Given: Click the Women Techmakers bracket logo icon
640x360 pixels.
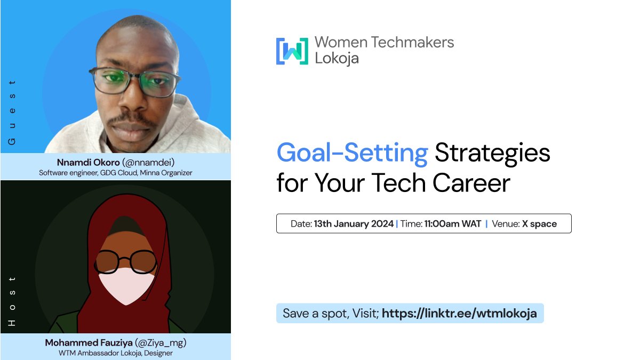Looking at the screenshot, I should (x=292, y=51).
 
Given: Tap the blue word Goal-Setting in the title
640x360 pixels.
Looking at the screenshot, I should (x=352, y=154).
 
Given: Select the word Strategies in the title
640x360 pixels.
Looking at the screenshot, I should (x=492, y=154).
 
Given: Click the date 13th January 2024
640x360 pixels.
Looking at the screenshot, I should (x=354, y=224).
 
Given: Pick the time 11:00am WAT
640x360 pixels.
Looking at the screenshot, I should (x=453, y=224).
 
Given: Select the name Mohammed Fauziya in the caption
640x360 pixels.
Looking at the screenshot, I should (x=88, y=342).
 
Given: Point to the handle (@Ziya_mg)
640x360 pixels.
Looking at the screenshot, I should (x=160, y=342).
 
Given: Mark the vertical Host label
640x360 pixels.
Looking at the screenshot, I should (x=12, y=301).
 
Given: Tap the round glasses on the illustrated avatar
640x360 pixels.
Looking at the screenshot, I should (x=127, y=261).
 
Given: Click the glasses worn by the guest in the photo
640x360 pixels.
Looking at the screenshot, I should (x=134, y=82).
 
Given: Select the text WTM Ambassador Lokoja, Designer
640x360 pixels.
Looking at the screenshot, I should (x=115, y=353).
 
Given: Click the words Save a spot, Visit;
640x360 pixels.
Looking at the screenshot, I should (x=331, y=313).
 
